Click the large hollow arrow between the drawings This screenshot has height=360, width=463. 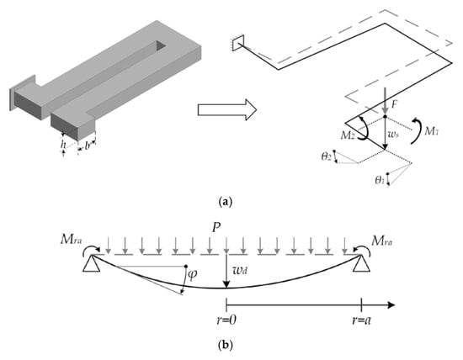[x=226, y=110]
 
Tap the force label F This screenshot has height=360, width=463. [x=394, y=105]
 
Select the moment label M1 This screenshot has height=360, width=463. [x=431, y=131]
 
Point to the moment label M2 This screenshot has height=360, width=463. [x=348, y=135]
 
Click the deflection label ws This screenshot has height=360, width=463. [x=394, y=135]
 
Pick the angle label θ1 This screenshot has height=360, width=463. [x=380, y=180]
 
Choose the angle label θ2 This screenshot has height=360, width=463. [x=327, y=156]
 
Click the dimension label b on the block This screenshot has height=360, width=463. [x=87, y=146]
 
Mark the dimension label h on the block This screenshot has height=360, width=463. [x=63, y=145]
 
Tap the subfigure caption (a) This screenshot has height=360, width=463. [x=226, y=202]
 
